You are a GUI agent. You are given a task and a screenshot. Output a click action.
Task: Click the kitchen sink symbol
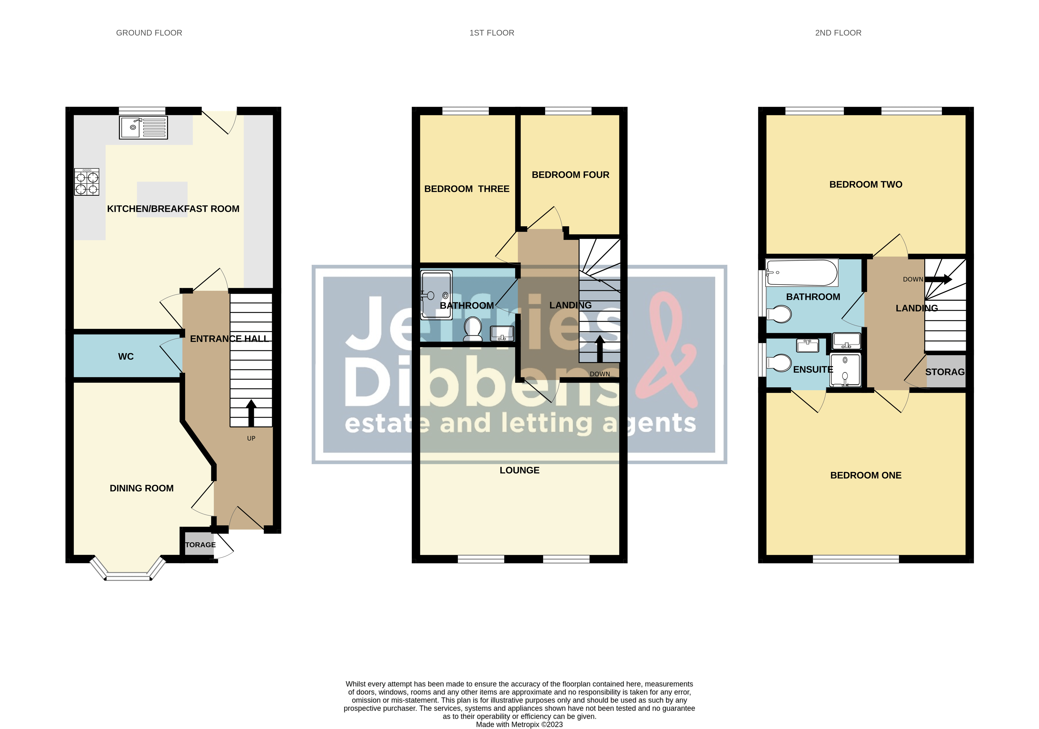point(143,128)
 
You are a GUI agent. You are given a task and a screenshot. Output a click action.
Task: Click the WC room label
point(126,357)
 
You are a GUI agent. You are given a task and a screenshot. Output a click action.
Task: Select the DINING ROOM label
point(141,488)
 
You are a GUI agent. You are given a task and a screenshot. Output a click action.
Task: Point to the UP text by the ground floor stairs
point(251,438)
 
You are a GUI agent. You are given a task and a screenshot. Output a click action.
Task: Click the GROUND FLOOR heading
point(149,33)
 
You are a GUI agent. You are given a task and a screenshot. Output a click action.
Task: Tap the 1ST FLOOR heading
point(492,33)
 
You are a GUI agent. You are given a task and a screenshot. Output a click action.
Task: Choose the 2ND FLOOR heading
point(838,33)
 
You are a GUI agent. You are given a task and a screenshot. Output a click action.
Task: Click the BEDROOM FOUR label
point(570,175)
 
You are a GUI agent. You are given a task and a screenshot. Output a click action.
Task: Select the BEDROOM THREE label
point(467,189)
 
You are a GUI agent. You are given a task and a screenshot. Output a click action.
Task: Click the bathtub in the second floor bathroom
point(801,273)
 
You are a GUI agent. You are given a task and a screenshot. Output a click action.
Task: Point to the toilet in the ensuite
point(779,363)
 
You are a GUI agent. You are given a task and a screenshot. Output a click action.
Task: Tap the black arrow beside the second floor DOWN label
point(939,280)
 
